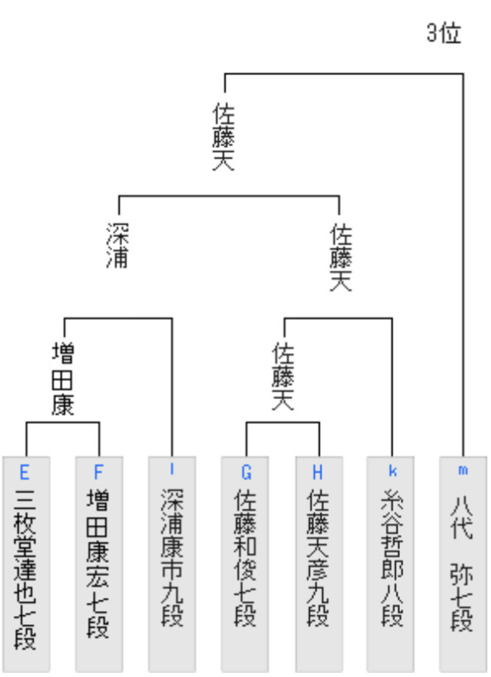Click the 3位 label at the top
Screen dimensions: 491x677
coord(444,33)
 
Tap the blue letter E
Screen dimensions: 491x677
coord(25,472)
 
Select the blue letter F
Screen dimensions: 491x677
coord(98,472)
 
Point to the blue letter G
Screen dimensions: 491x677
coord(246,472)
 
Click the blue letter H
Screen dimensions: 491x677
coord(317,472)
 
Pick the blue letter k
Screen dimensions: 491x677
coord(393,470)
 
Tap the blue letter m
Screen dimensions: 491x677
coord(463,470)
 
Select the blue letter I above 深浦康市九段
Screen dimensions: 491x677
coord(172,470)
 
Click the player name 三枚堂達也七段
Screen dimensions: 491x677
coord(25,569)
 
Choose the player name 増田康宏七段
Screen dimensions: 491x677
coord(98,564)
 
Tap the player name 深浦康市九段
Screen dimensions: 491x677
coord(172,557)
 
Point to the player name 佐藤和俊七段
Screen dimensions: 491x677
coord(245,557)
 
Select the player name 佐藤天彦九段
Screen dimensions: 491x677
coord(318,557)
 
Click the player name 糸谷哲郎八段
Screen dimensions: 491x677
coord(392,557)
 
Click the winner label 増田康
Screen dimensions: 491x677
coord(63,379)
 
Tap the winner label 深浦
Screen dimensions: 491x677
coord(117,246)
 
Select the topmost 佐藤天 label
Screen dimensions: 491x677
coord(224,136)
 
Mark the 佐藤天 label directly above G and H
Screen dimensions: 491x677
coord(284,376)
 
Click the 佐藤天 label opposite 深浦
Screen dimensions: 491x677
coord(341,257)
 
